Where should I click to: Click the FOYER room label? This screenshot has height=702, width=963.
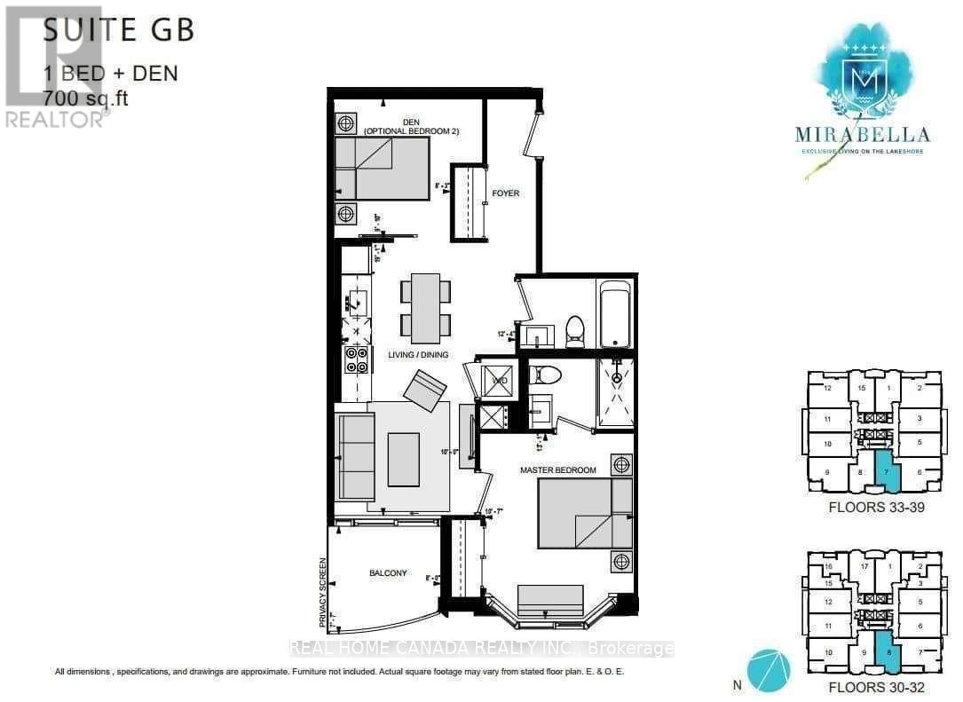click(x=505, y=193)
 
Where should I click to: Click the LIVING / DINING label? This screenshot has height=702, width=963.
click(x=418, y=354)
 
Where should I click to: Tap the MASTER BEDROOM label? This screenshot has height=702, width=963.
click(x=564, y=469)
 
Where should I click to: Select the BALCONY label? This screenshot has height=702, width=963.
click(x=389, y=573)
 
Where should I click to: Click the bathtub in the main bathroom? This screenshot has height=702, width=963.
click(x=615, y=314)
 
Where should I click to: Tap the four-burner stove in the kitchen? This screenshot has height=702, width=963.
click(x=357, y=360)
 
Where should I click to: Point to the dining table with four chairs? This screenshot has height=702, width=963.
click(x=425, y=307)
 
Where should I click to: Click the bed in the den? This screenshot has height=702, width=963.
click(x=382, y=169)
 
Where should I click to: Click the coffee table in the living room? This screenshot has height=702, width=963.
click(x=403, y=459)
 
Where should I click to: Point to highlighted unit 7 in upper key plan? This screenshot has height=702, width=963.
click(x=888, y=471)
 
